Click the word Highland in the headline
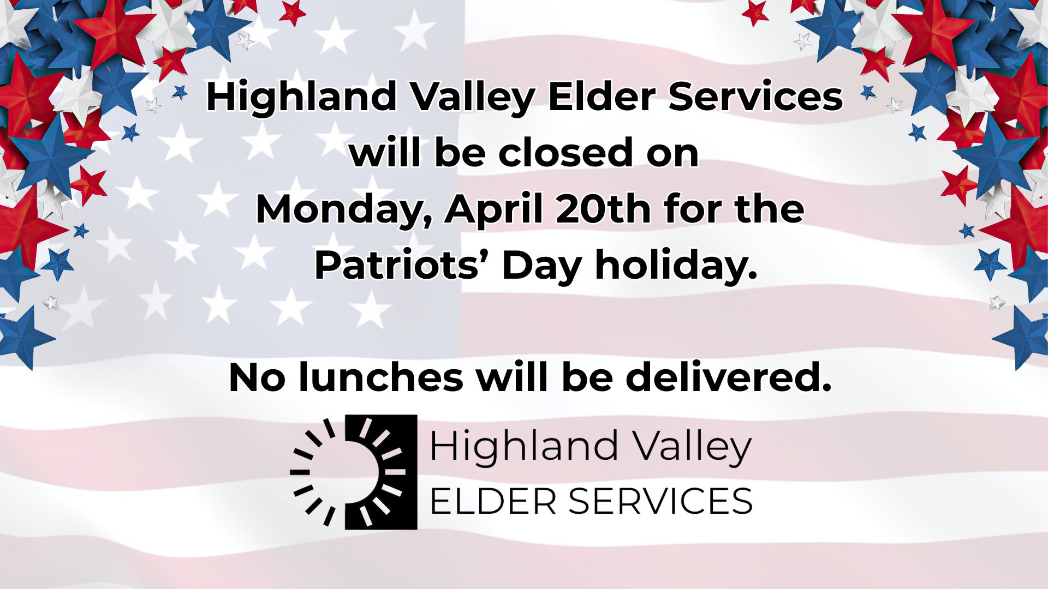pos(301,96)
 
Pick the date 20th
pos(603,208)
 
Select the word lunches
pos(381,377)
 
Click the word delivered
pos(728,377)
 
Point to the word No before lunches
pos(257,377)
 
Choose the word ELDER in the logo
pos(493,501)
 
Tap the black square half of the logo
pos(382,472)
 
